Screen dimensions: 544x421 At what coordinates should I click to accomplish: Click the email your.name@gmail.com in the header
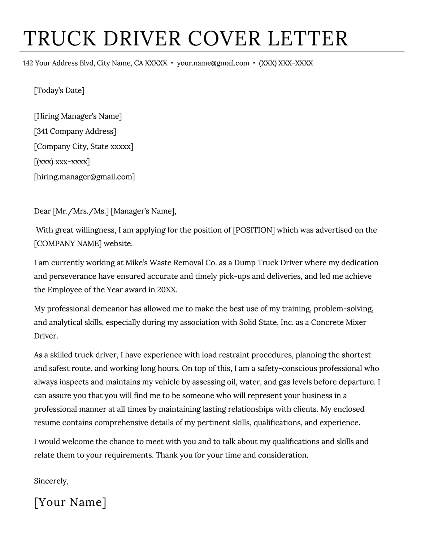click(213, 63)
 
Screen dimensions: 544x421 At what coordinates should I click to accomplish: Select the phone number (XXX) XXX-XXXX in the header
click(286, 63)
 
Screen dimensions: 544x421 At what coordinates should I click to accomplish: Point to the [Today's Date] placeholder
click(59, 90)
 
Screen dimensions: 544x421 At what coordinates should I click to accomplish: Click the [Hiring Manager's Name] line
click(78, 116)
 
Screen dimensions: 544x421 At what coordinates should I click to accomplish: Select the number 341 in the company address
click(42, 132)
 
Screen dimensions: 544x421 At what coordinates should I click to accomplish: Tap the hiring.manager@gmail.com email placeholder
click(84, 177)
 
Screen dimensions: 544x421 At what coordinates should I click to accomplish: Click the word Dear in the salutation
click(42, 211)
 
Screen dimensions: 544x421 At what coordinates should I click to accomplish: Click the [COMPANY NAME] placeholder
click(68, 244)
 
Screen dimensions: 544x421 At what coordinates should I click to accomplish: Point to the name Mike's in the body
click(136, 263)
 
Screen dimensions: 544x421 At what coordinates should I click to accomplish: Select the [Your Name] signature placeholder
click(70, 502)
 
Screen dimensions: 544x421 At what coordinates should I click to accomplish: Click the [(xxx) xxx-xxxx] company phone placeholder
click(62, 162)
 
